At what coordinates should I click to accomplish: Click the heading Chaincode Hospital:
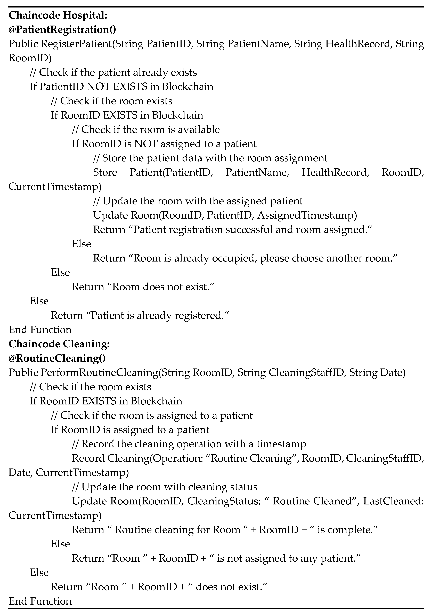[58, 15]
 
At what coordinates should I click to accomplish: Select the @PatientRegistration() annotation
[62, 29]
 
